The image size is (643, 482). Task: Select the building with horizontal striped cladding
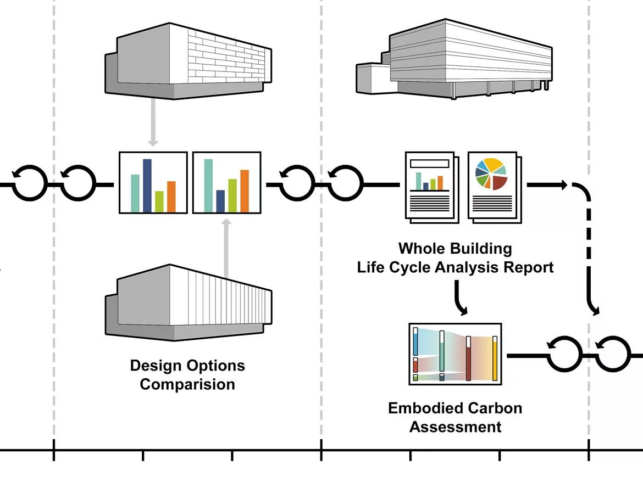coord(454,59)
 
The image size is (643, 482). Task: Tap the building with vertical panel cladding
coord(188,302)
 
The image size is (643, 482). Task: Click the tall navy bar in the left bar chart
coord(147,186)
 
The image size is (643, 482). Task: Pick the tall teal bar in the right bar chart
coord(208,186)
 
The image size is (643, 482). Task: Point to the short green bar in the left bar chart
coord(159,201)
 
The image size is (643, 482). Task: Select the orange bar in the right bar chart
coord(245,191)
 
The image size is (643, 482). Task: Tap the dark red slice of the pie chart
coord(499,182)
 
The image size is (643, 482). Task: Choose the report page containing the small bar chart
coord(430,186)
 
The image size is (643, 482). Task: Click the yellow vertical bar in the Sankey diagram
coord(495,358)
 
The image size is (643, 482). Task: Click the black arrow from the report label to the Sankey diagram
coord(458,298)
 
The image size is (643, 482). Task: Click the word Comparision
coord(187,384)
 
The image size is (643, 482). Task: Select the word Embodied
coord(425,408)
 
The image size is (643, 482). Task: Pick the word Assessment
coord(455,427)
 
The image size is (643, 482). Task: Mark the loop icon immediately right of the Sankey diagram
coord(564,354)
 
